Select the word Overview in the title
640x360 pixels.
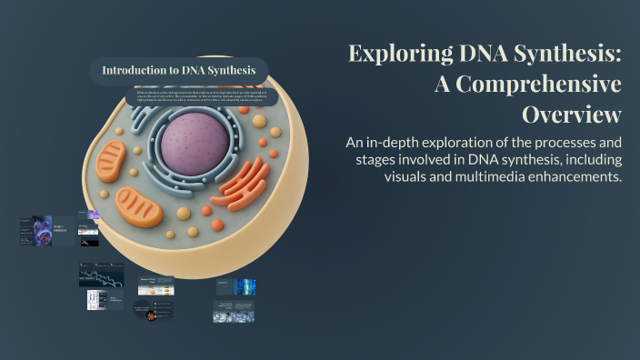(571, 115)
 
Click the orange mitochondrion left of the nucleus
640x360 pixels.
(112, 161)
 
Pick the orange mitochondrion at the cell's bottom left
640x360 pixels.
(139, 207)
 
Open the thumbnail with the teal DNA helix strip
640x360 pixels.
(100, 277)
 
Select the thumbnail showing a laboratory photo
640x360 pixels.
(233, 312)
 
